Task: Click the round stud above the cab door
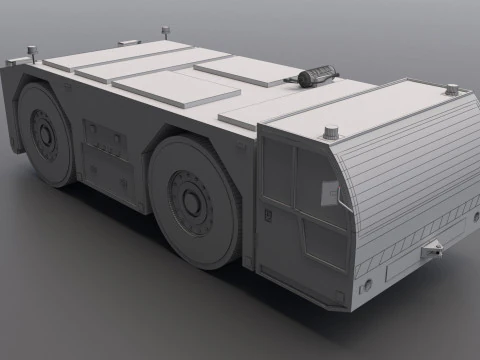coord(331,131)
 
